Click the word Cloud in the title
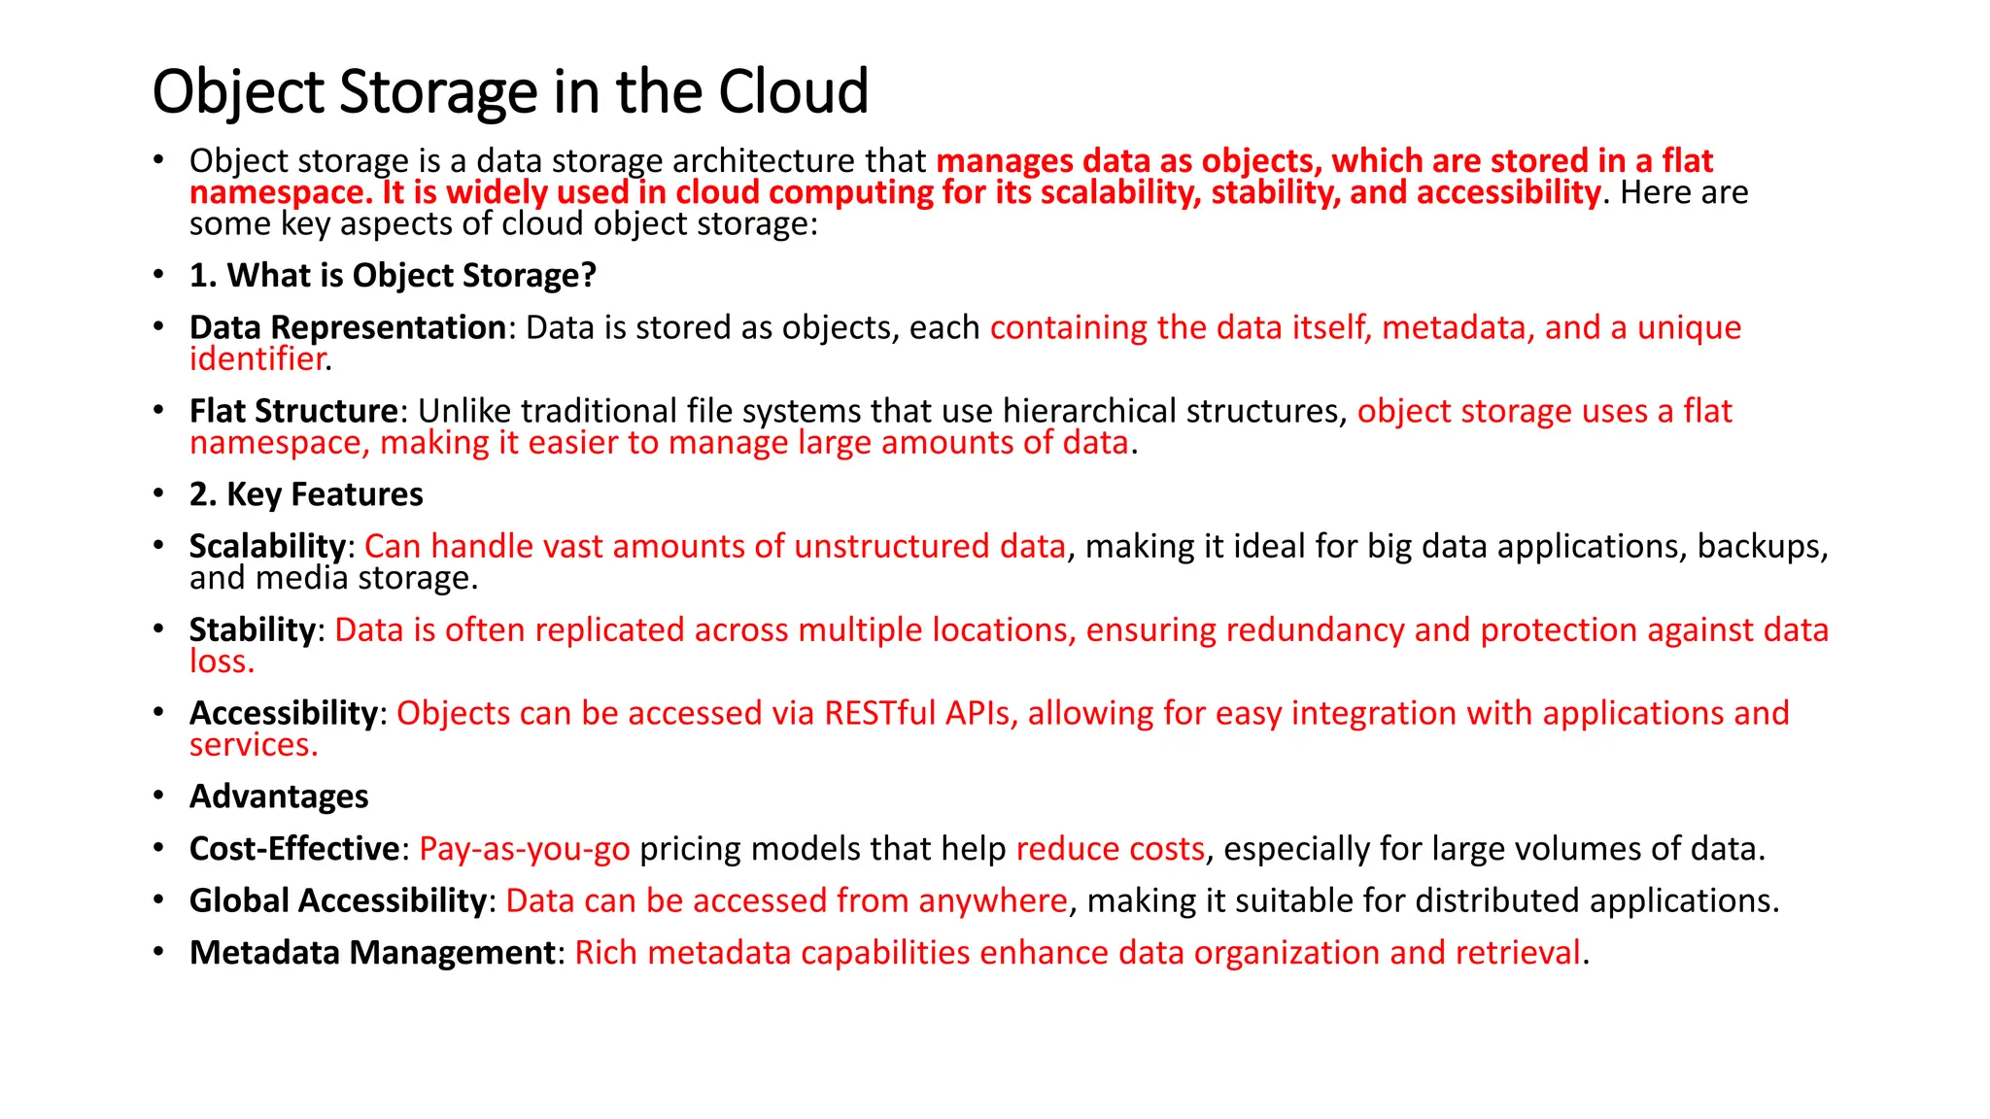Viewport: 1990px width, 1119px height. [x=793, y=92]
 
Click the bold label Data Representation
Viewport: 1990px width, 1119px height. [x=347, y=328]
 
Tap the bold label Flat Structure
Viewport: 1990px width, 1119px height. [x=292, y=412]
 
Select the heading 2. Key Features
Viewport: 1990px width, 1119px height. [x=306, y=495]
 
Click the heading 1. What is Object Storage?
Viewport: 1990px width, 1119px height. [x=393, y=276]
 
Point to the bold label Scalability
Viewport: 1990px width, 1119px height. [x=267, y=547]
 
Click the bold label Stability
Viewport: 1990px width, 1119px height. [x=252, y=630]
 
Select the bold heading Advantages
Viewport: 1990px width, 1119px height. [x=279, y=797]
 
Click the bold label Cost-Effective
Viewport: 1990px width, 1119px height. [x=293, y=850]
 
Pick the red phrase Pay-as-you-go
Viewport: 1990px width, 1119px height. [x=524, y=850]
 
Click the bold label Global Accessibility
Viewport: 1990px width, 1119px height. [x=337, y=901]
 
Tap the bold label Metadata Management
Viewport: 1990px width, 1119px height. [x=372, y=954]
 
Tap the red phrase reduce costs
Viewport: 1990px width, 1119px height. [x=1110, y=850]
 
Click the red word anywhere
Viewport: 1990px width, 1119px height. [x=992, y=901]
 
